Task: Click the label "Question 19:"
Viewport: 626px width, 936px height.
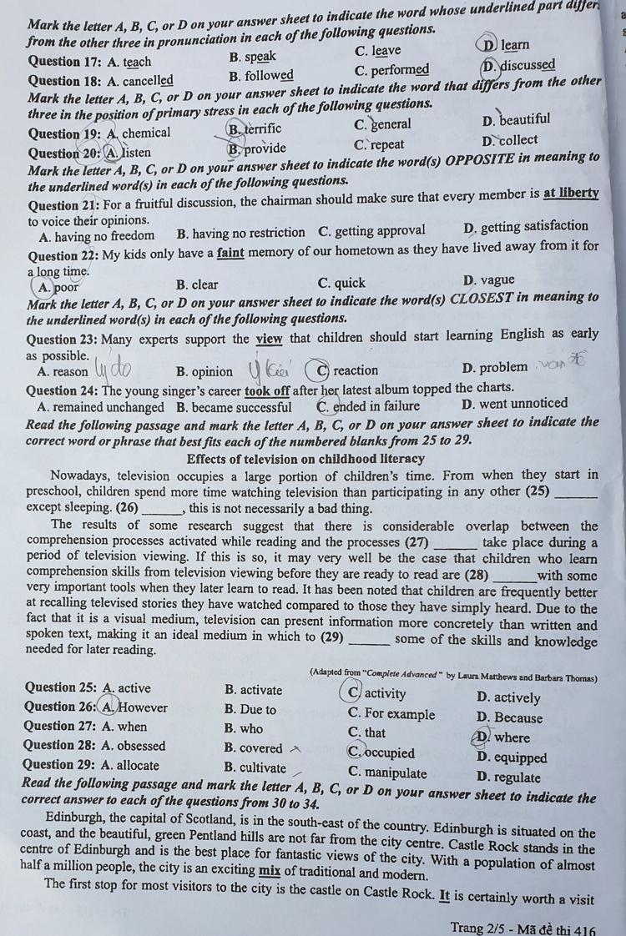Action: pos(63,133)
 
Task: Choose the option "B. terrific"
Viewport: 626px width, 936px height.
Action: pos(255,128)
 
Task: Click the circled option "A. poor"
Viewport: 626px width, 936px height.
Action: pos(58,287)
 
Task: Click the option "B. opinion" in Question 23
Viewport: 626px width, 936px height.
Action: pos(204,370)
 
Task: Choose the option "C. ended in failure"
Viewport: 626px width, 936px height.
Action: pos(368,407)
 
